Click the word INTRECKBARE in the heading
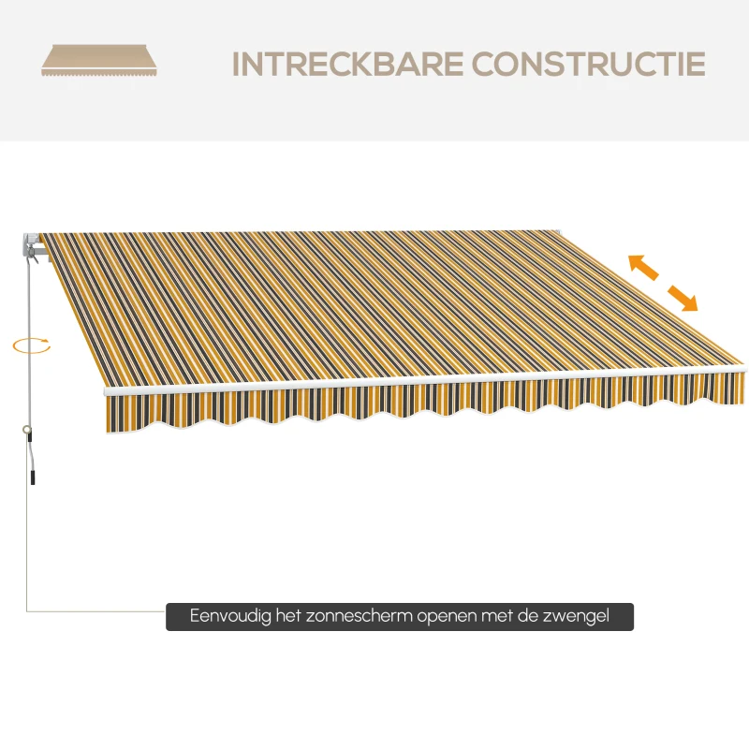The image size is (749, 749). tap(347, 64)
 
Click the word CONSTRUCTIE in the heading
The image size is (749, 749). tap(589, 64)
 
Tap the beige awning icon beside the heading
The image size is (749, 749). tap(99, 60)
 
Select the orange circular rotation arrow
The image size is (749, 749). tap(32, 345)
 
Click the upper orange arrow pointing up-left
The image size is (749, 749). tap(643, 267)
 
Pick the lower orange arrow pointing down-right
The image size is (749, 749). tap(683, 298)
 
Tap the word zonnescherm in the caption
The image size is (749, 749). tap(360, 615)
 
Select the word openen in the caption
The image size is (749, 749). tap(448, 617)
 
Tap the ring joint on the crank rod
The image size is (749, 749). tap(26, 430)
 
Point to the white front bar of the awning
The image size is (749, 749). tap(424, 380)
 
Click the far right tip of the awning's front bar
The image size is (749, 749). tap(744, 369)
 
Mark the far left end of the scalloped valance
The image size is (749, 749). tap(107, 415)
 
